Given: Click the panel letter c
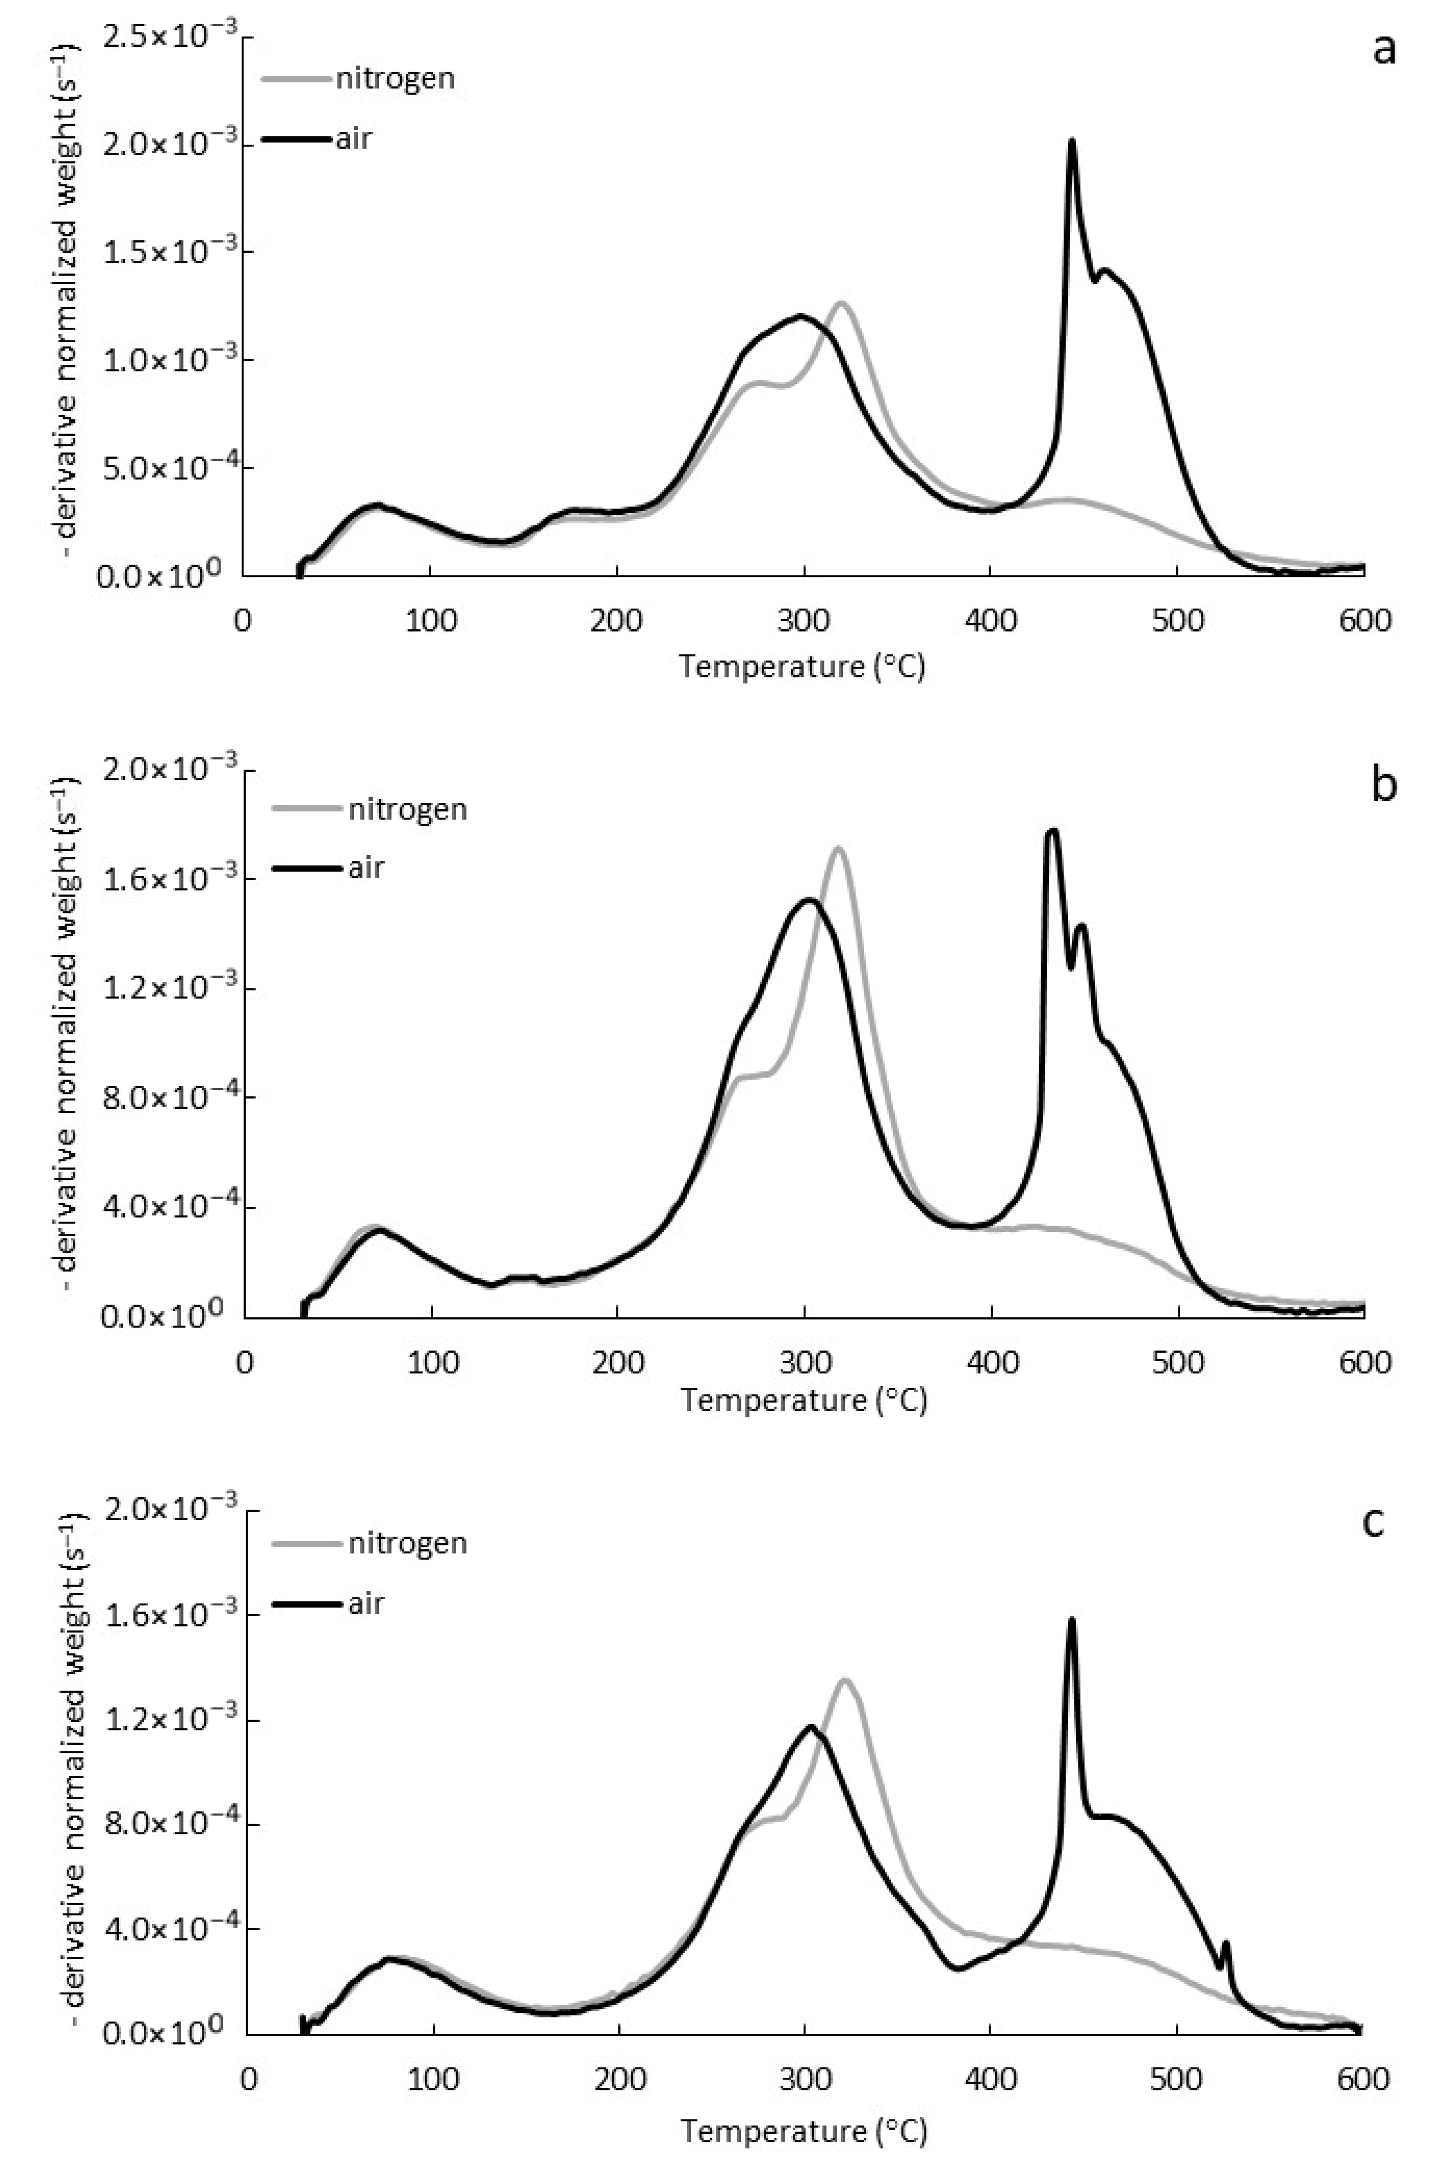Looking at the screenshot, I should click(x=1373, y=1521).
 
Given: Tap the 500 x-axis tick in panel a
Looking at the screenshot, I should click(x=1178, y=621).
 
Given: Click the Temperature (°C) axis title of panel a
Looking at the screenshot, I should click(x=801, y=666).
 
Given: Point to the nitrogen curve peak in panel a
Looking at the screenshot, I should click(x=841, y=303).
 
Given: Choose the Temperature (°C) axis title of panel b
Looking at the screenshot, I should click(x=803, y=1400).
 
